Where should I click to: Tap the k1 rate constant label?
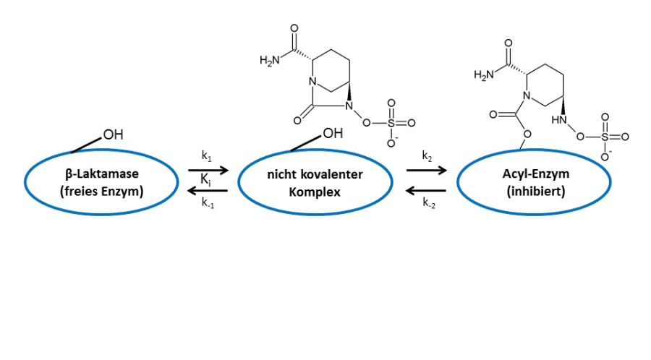click(206, 156)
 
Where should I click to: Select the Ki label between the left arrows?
click(206, 178)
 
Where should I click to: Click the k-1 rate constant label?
click(207, 202)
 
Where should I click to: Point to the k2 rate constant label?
click(427, 156)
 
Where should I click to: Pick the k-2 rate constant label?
click(429, 202)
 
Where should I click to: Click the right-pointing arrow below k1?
click(208, 170)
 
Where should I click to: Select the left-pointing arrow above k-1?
click(208, 190)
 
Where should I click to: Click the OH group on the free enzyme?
click(113, 134)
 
